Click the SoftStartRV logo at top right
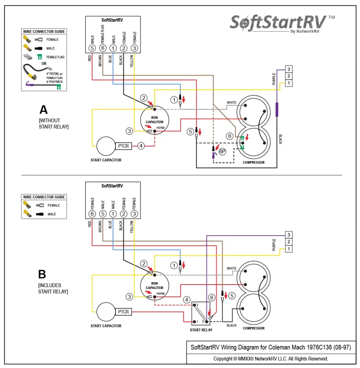(x=279, y=23)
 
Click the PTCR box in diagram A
(x=123, y=146)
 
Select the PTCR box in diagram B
(x=123, y=312)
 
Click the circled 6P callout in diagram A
(x=223, y=152)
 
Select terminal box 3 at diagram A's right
(x=289, y=69)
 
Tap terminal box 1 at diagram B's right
(x=289, y=249)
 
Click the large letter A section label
(x=43, y=110)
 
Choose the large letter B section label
(x=42, y=275)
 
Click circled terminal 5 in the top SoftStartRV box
(x=92, y=48)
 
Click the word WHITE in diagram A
(x=232, y=103)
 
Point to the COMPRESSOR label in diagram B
(x=253, y=328)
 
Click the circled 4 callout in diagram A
(x=141, y=146)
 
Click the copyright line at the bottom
(x=271, y=359)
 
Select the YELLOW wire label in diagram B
(x=132, y=227)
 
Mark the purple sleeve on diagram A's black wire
(x=277, y=109)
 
